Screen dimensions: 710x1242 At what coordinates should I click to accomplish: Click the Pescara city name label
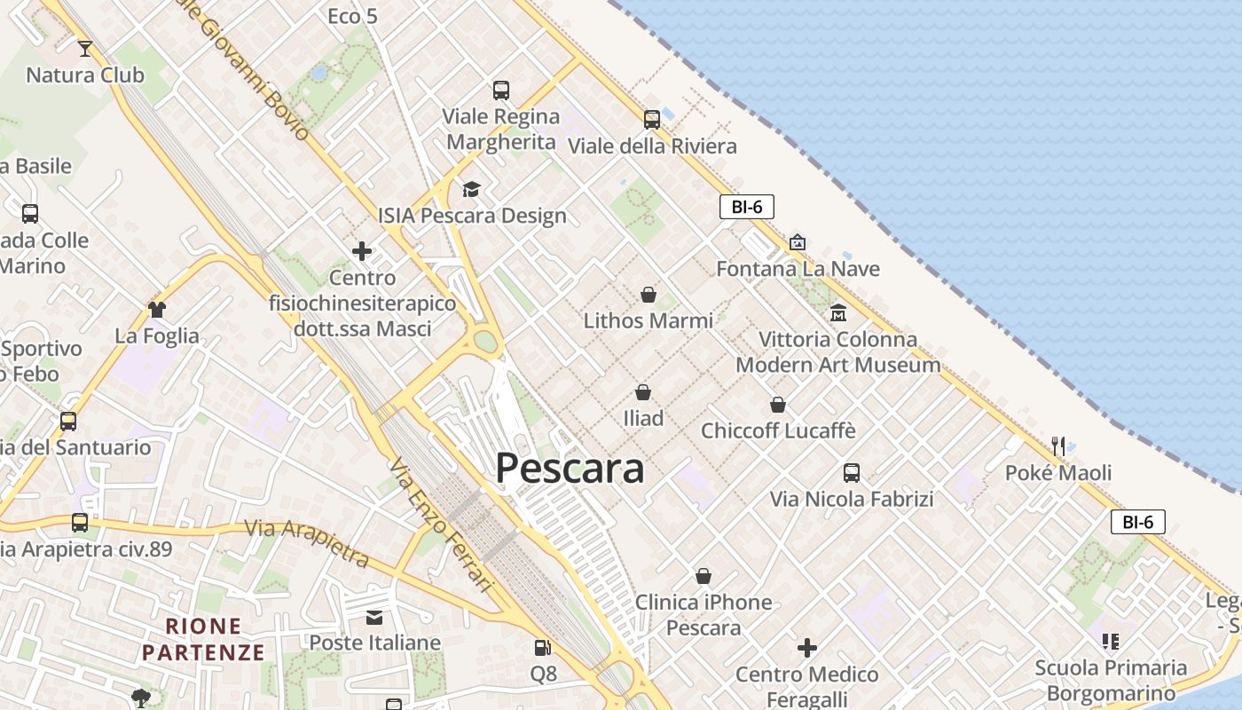coord(570,468)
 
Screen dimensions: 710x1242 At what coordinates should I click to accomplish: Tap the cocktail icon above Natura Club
coord(85,48)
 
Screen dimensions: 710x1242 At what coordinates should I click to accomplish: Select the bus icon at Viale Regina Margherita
coord(501,90)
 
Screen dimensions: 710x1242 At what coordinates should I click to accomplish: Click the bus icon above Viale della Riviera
coord(652,119)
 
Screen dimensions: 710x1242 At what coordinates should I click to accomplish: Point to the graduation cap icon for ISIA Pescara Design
coord(471,189)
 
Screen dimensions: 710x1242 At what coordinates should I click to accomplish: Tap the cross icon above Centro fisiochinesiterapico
coord(362,251)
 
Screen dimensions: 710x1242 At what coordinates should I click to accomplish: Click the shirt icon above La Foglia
coord(157,309)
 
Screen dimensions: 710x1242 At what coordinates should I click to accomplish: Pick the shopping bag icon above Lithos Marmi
coord(649,294)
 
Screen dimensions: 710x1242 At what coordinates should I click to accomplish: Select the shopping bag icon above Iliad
coord(643,391)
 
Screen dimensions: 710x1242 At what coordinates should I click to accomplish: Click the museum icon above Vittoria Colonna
coord(838,312)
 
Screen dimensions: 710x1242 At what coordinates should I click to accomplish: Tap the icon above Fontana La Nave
coord(798,242)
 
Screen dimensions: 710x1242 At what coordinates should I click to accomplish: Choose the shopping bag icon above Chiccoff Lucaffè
coord(778,405)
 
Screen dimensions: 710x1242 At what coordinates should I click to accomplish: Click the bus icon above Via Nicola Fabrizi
coord(852,472)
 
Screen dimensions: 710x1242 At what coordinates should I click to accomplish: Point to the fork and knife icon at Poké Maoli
coord(1058,446)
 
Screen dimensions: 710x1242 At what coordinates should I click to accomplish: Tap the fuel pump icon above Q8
coord(543,649)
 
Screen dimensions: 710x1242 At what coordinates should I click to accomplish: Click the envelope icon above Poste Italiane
coord(374,617)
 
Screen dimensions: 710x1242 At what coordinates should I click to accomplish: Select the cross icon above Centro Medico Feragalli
coord(807,648)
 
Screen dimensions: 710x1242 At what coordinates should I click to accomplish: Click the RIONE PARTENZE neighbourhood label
coord(203,639)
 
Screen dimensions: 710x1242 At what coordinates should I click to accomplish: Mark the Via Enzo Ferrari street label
coord(440,525)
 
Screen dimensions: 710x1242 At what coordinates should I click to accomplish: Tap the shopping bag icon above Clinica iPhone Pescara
coord(704,576)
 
